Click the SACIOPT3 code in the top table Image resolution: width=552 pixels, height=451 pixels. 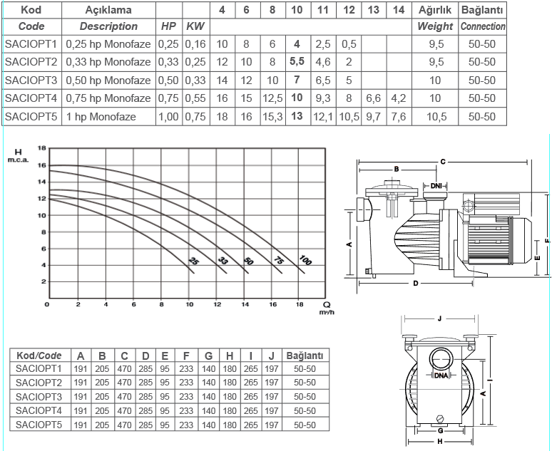(31, 81)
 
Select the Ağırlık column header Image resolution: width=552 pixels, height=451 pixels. (435, 10)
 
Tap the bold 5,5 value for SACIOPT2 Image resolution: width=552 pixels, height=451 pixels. (297, 61)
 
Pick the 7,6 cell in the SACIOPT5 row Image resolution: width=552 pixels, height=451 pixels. (399, 116)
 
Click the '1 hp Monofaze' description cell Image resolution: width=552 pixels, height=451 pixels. (101, 117)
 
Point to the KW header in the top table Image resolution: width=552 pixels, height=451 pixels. (195, 26)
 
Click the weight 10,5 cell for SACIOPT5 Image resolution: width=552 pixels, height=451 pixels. (436, 116)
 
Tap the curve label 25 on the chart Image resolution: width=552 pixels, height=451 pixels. (193, 261)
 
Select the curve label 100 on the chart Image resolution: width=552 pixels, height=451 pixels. (305, 260)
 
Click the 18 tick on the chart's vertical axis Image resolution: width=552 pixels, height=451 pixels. (42, 147)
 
